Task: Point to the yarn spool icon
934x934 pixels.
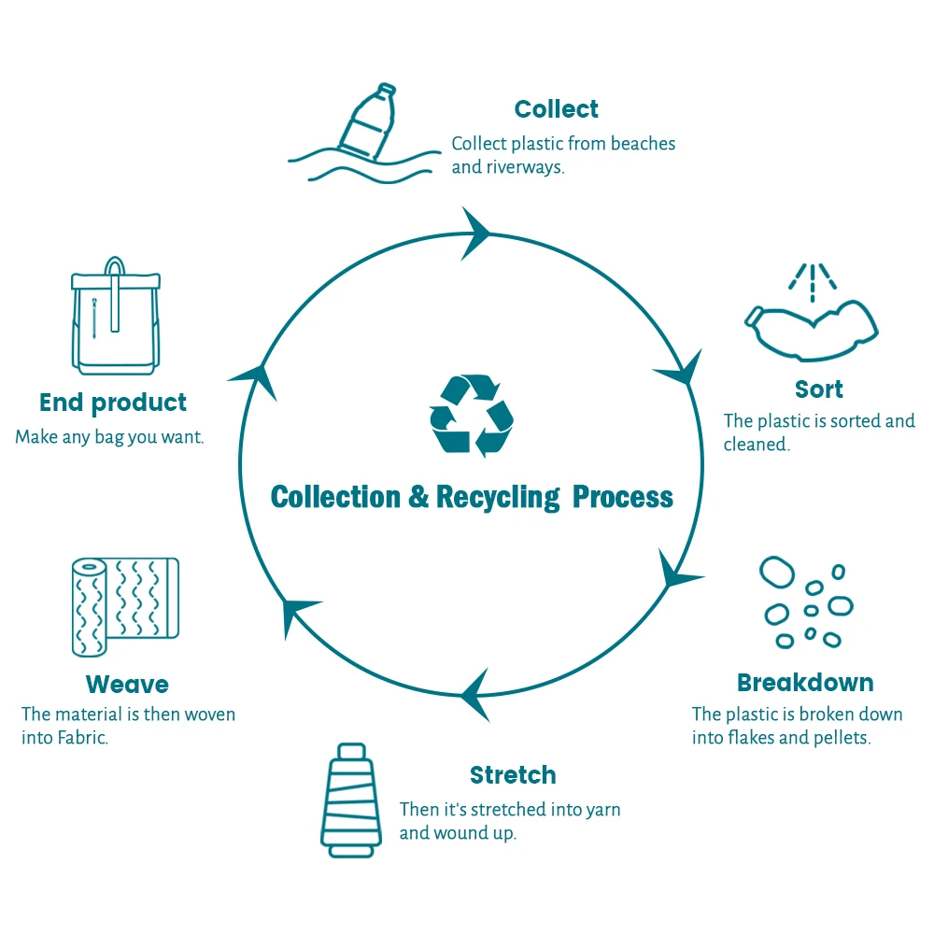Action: pyautogui.click(x=350, y=799)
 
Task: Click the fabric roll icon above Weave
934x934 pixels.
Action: pyautogui.click(x=124, y=607)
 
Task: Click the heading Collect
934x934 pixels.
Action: pyautogui.click(x=557, y=109)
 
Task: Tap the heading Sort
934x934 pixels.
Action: pyautogui.click(x=819, y=389)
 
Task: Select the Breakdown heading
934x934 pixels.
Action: pyautogui.click(x=805, y=682)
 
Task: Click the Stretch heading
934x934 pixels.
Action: pyautogui.click(x=513, y=775)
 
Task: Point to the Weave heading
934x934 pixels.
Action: pyautogui.click(x=127, y=685)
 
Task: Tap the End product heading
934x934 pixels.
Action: pyautogui.click(x=113, y=403)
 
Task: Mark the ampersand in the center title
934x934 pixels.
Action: pyautogui.click(x=418, y=497)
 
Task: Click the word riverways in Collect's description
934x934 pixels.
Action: pyautogui.click(x=525, y=168)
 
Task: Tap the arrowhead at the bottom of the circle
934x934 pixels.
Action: pyautogui.click(x=476, y=694)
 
